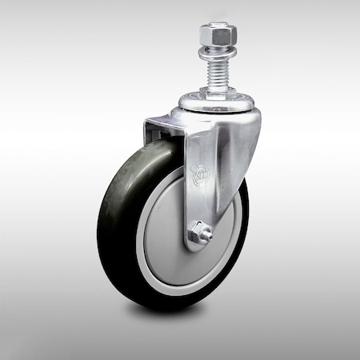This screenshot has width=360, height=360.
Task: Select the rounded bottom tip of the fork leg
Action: tap(197, 247)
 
